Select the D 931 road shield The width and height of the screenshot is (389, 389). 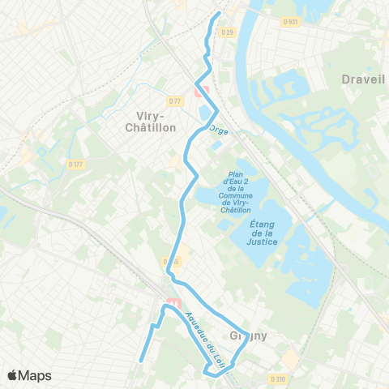[291, 21]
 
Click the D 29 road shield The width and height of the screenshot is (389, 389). [228, 32]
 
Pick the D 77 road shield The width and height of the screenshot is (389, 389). [175, 100]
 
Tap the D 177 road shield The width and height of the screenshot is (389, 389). [76, 164]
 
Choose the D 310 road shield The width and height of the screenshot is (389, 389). [280, 378]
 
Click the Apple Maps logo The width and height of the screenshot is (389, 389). [29, 375]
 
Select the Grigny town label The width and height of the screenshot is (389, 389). [251, 335]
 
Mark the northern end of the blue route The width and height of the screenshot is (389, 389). [219, 15]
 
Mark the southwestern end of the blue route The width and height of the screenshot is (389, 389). [141, 361]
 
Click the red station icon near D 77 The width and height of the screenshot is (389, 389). [201, 91]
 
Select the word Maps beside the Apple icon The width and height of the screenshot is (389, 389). [36, 375]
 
